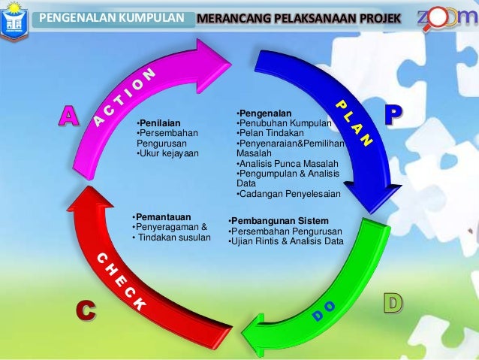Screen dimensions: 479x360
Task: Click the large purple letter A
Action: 69,116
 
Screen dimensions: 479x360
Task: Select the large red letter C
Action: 86,310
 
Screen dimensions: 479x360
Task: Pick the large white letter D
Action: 393,303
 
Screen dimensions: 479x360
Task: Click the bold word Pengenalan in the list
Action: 261,113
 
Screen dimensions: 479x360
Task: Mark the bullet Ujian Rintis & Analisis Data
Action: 285,241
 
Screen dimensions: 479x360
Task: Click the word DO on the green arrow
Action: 324,310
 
